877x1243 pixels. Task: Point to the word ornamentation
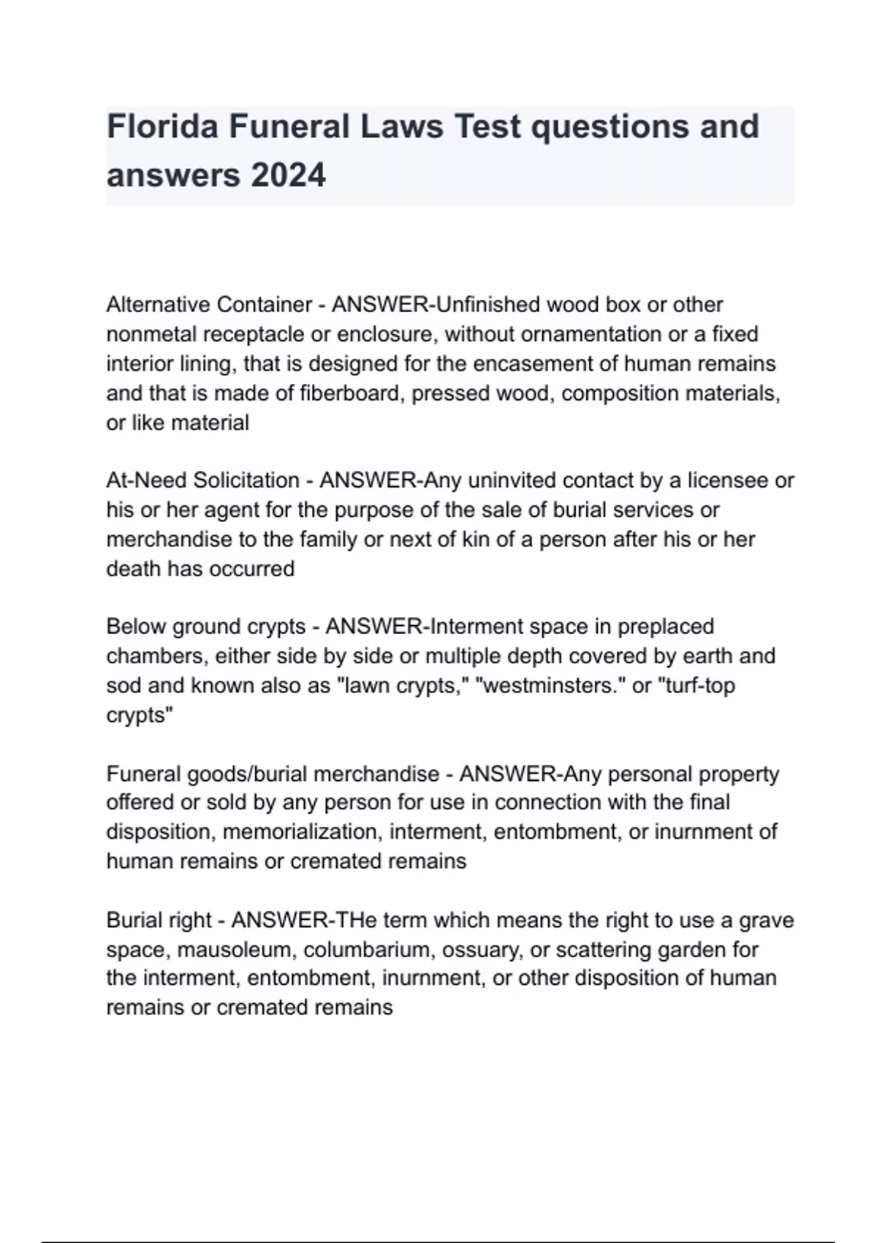[577, 334]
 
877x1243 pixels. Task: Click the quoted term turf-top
[696, 686]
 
